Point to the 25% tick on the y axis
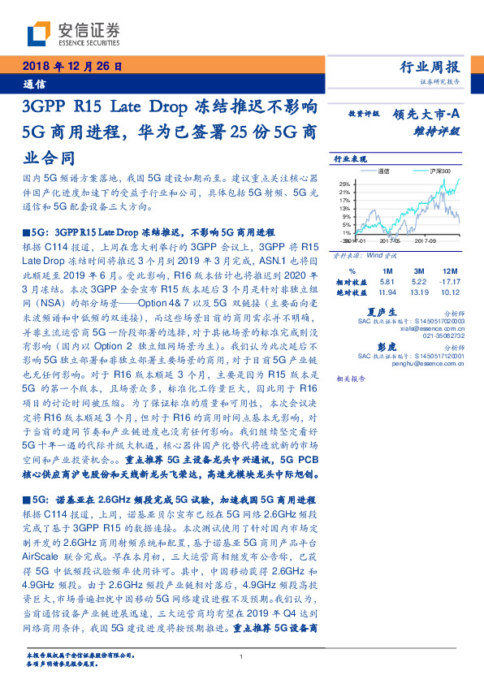(345, 184)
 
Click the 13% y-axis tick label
(345, 208)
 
